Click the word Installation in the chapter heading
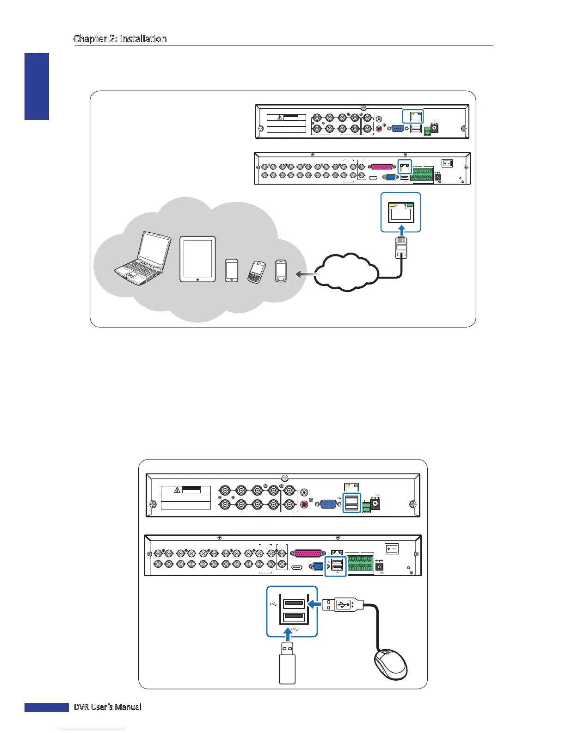point(143,39)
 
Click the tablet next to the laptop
point(197,259)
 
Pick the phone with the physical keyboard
point(257,272)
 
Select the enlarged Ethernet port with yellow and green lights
point(400,212)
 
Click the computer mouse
point(390,664)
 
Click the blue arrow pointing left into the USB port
point(314,603)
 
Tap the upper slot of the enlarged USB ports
point(294,603)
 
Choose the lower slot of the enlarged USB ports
point(294,616)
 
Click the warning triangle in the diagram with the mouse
point(177,490)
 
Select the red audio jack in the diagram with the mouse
point(304,504)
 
